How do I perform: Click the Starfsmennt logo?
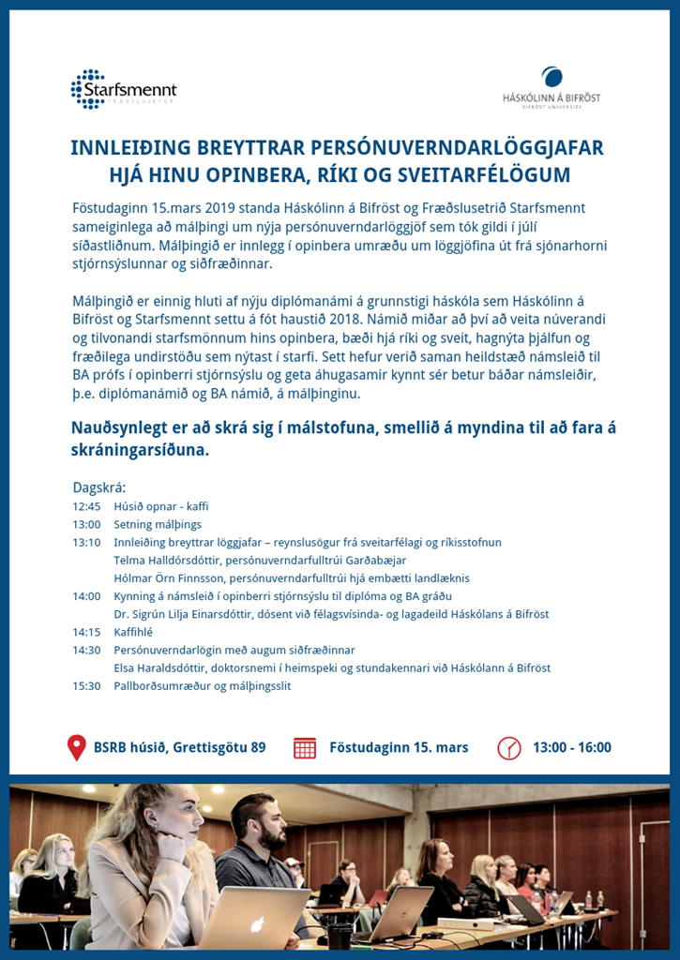click(124, 90)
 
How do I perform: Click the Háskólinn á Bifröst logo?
click(552, 90)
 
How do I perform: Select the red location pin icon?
click(77, 747)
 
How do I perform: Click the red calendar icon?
click(305, 747)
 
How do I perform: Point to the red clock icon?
click(508, 747)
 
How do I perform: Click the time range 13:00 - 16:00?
click(571, 747)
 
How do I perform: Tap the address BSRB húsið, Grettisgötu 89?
click(179, 747)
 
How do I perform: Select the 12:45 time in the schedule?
click(86, 506)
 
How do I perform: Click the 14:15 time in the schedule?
click(86, 632)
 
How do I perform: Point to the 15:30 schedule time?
click(86, 685)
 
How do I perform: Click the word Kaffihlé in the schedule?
click(133, 632)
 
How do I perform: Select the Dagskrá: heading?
click(98, 487)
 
